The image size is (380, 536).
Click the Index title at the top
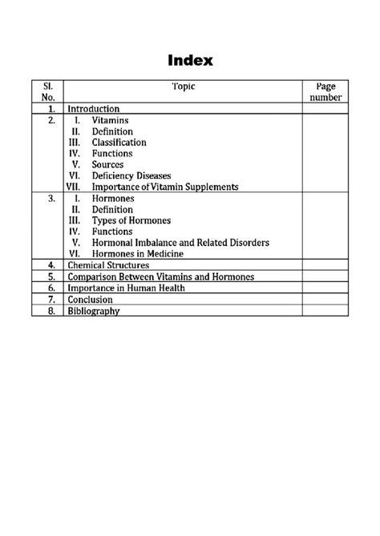189,61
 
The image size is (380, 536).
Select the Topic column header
183,86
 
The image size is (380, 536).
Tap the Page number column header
325,91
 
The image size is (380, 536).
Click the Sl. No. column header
47,91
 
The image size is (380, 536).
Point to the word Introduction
94,109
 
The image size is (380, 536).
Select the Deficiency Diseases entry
131,175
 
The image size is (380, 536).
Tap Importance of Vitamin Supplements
165,187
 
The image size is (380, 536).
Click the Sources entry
107,164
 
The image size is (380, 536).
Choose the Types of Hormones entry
131,220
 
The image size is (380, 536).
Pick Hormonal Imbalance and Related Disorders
180,242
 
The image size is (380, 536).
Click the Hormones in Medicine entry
137,253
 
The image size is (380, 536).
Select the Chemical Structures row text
108,264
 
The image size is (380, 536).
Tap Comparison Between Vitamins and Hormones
160,276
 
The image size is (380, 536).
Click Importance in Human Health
126,288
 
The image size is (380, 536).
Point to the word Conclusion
90,300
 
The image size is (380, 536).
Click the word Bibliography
94,311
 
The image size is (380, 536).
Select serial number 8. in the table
51,311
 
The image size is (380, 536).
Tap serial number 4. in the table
51,264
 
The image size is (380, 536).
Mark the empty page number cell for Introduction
325,109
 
